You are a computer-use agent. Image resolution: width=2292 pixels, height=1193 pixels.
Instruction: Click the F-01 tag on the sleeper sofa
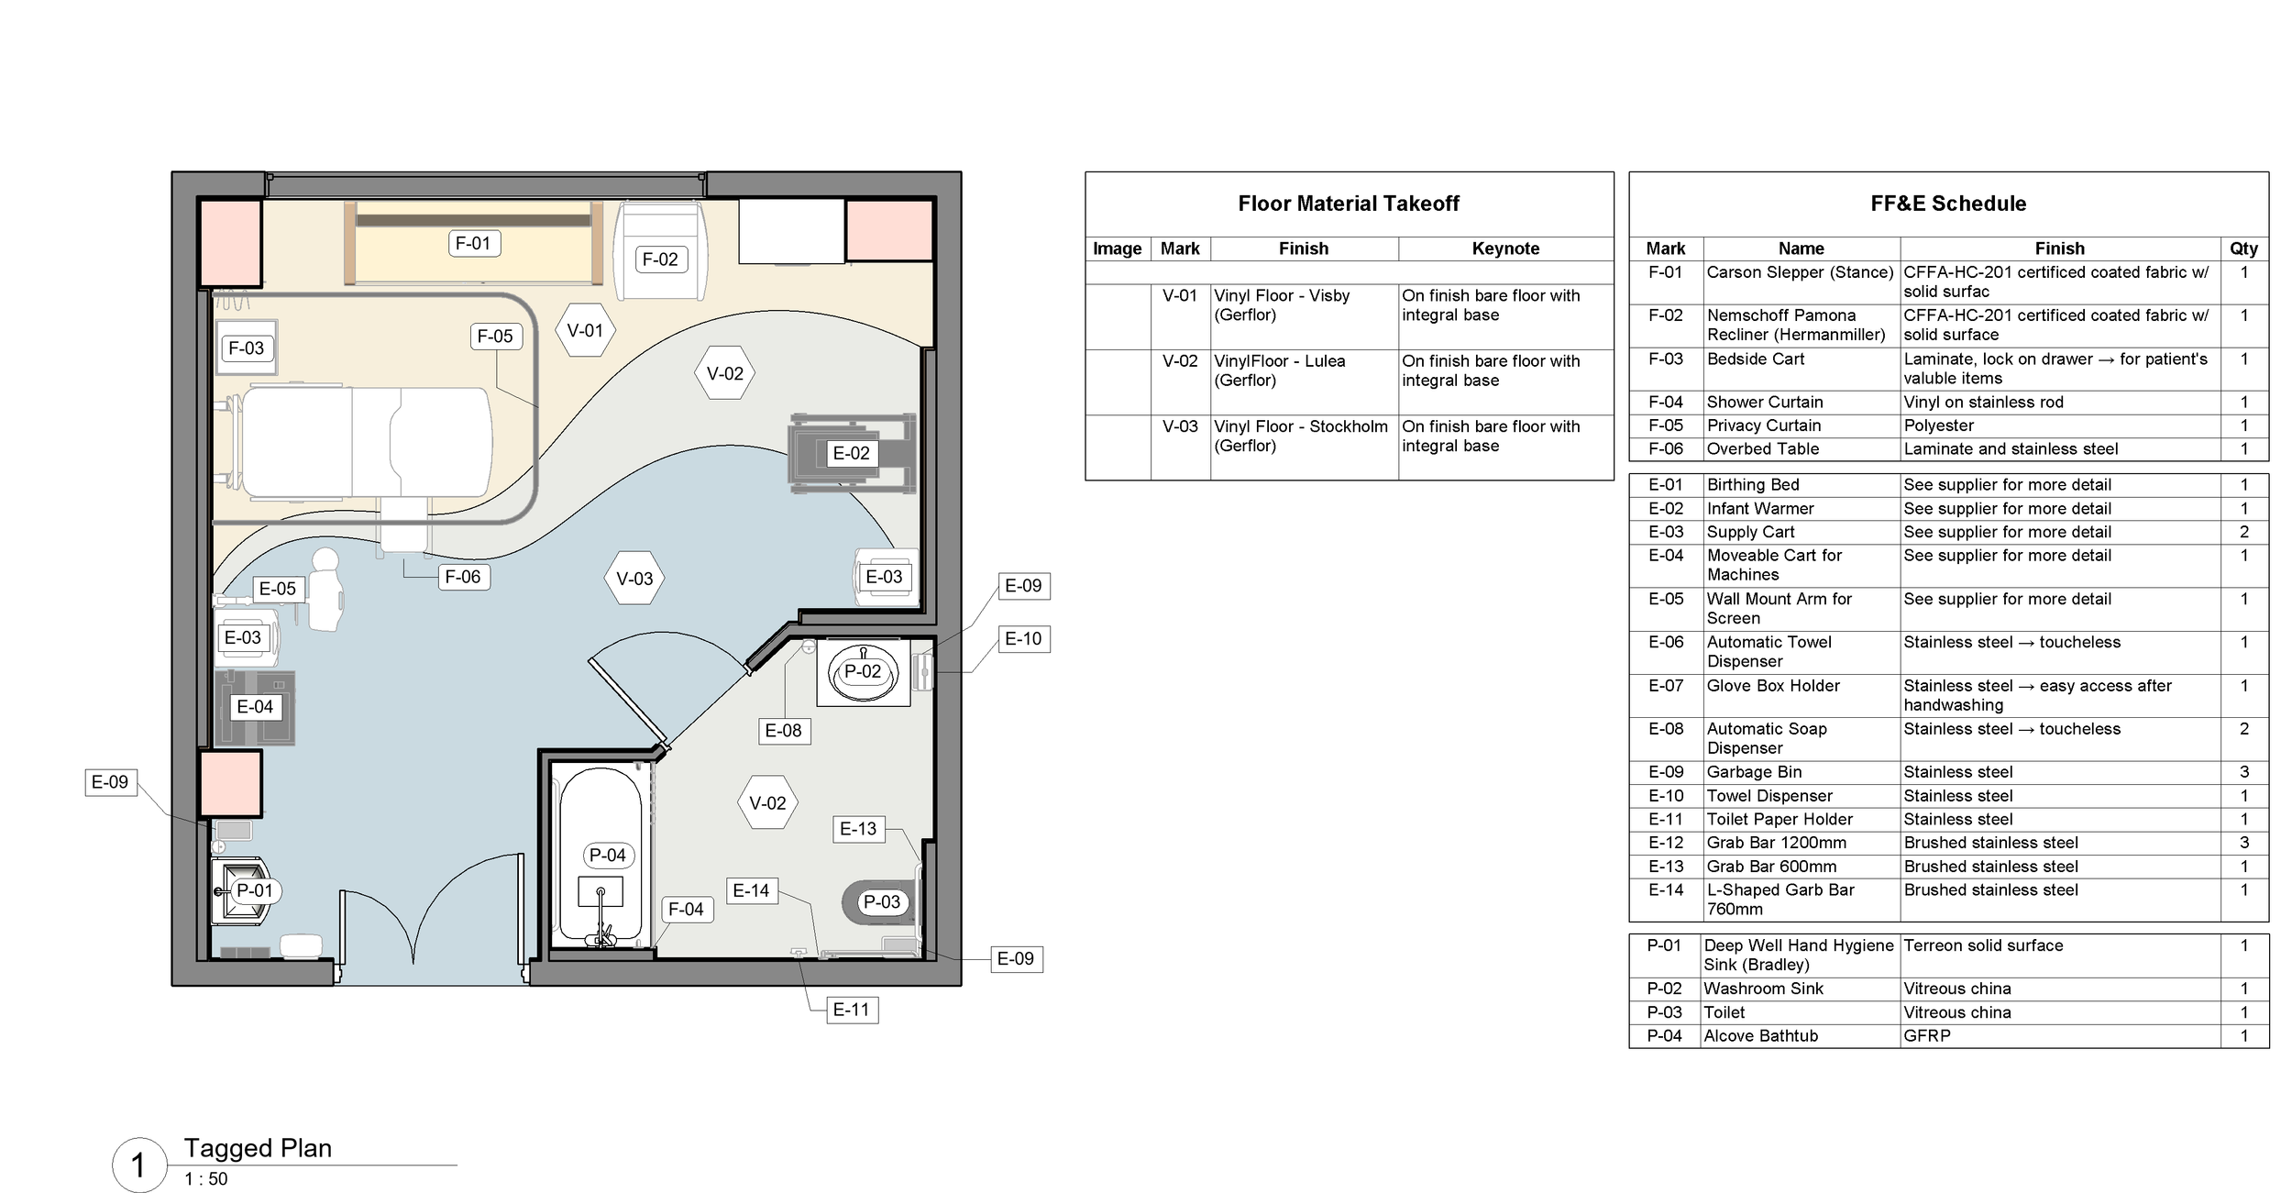pyautogui.click(x=473, y=243)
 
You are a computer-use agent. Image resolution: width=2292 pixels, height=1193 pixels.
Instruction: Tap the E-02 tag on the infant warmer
pyautogui.click(x=851, y=453)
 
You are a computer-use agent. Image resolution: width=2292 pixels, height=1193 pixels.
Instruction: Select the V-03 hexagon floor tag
pyautogui.click(x=634, y=579)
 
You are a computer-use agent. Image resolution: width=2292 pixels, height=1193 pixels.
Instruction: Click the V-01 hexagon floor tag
pyautogui.click(x=585, y=331)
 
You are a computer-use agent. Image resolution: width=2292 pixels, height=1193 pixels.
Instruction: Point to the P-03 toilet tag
pyautogui.click(x=882, y=902)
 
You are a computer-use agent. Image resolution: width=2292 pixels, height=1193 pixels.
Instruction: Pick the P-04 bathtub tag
pyautogui.click(x=608, y=856)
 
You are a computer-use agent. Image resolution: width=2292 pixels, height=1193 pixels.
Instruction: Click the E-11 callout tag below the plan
pyautogui.click(x=851, y=1011)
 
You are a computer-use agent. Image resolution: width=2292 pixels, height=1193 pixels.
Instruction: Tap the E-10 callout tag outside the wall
pyautogui.click(x=1023, y=639)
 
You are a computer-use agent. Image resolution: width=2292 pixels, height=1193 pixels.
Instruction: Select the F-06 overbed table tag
pyautogui.click(x=463, y=577)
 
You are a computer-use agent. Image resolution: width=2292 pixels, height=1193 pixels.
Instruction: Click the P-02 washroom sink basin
pyautogui.click(x=863, y=672)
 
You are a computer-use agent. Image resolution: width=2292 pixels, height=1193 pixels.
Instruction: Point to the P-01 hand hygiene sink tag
pyautogui.click(x=254, y=890)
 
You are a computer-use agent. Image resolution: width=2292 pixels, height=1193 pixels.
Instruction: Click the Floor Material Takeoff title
pyautogui.click(x=1348, y=204)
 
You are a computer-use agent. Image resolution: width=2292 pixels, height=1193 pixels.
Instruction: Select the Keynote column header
pyautogui.click(x=1505, y=249)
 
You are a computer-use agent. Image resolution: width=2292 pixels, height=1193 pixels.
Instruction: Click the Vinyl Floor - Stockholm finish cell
pyautogui.click(x=1302, y=436)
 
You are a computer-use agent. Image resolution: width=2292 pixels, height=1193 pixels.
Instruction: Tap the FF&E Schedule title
pyautogui.click(x=1948, y=204)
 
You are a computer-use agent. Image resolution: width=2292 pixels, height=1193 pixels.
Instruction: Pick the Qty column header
pyautogui.click(x=2243, y=249)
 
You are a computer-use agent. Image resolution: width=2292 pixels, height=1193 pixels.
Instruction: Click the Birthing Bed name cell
pyautogui.click(x=1753, y=485)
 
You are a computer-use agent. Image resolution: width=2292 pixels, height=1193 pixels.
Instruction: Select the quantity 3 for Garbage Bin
pyautogui.click(x=2243, y=772)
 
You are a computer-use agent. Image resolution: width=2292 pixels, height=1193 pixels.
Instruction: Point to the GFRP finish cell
pyautogui.click(x=1927, y=1036)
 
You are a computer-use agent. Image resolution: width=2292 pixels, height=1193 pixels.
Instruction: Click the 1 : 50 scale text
pyautogui.click(x=206, y=1179)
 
